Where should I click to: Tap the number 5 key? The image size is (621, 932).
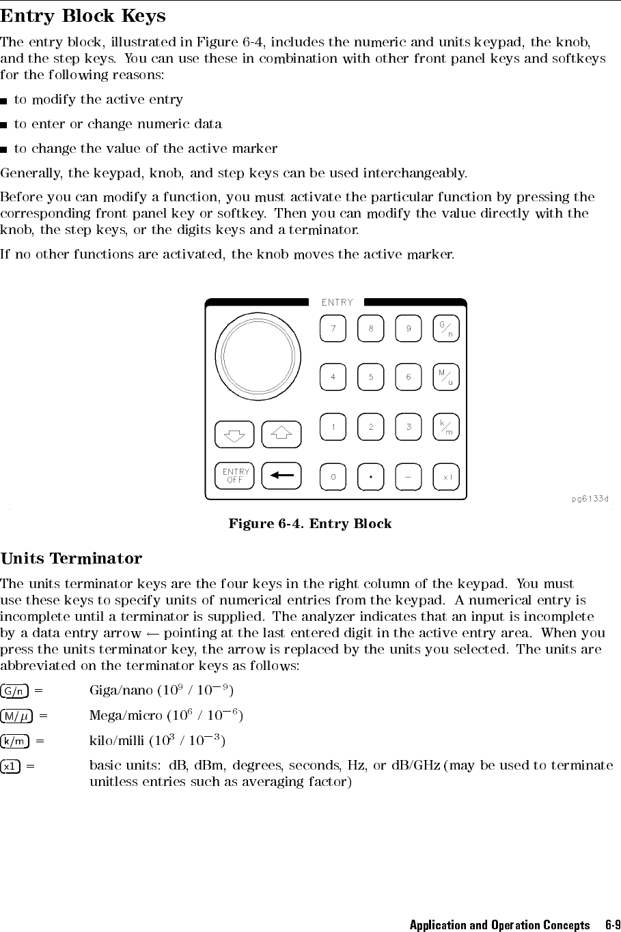[x=371, y=377]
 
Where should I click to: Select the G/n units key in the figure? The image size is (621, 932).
[x=446, y=328]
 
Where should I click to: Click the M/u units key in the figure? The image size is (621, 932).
[x=446, y=377]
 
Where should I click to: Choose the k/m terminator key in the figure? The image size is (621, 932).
[x=446, y=427]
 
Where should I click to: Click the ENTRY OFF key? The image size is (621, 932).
[x=234, y=476]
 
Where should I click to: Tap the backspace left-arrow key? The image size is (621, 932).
[x=281, y=476]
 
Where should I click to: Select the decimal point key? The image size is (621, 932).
[x=371, y=477]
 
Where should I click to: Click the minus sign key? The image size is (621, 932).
[x=409, y=477]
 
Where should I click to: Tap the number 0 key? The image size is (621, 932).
[x=333, y=477]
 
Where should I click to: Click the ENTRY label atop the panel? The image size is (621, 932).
[x=337, y=302]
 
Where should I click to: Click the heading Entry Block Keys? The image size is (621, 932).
[x=83, y=16]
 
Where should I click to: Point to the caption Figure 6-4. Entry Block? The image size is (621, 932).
[x=310, y=524]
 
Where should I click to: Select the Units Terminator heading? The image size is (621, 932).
[x=72, y=559]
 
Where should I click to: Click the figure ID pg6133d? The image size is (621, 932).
[x=590, y=499]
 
